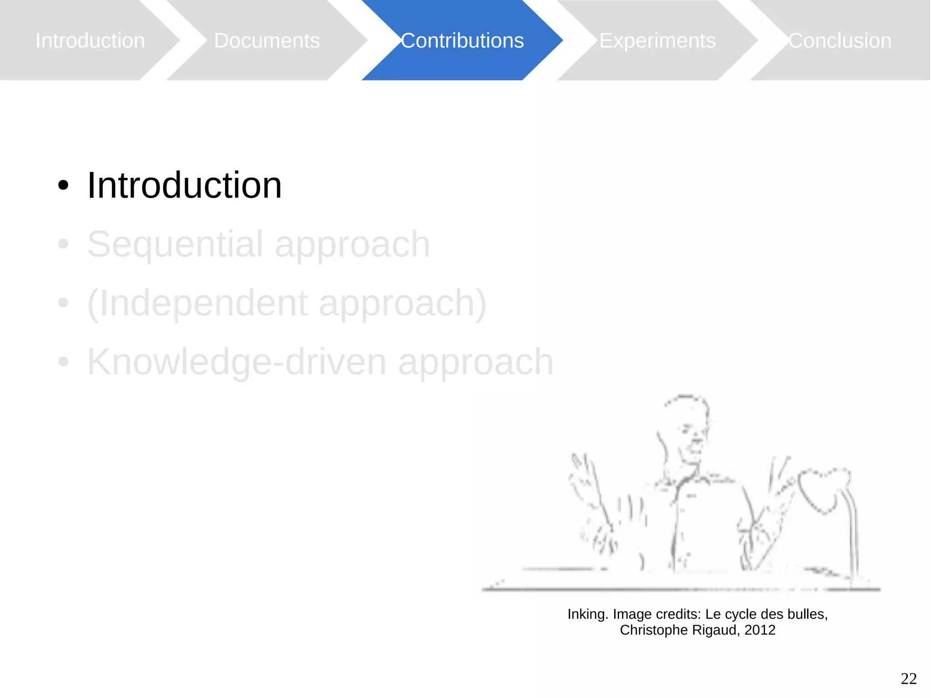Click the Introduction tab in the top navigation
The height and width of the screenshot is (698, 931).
pos(90,40)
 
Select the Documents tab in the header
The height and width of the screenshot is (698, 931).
pos(267,40)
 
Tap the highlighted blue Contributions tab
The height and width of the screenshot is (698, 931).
pos(462,40)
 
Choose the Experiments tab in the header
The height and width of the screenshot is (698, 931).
pos(657,40)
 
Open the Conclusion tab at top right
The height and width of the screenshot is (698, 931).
pos(840,40)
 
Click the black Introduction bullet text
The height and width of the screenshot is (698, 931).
pos(184,186)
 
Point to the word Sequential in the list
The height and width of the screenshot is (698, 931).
pos(175,245)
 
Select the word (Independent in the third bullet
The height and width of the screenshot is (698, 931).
pos(197,303)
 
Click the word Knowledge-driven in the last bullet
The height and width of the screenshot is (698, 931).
pos(236,362)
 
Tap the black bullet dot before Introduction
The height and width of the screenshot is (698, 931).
pos(63,186)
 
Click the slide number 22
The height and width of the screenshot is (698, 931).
pos(908,678)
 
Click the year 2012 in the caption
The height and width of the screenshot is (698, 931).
pos(760,630)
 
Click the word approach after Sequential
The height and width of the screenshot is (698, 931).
pos(352,245)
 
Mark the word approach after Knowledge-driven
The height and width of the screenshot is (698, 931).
pos(476,362)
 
